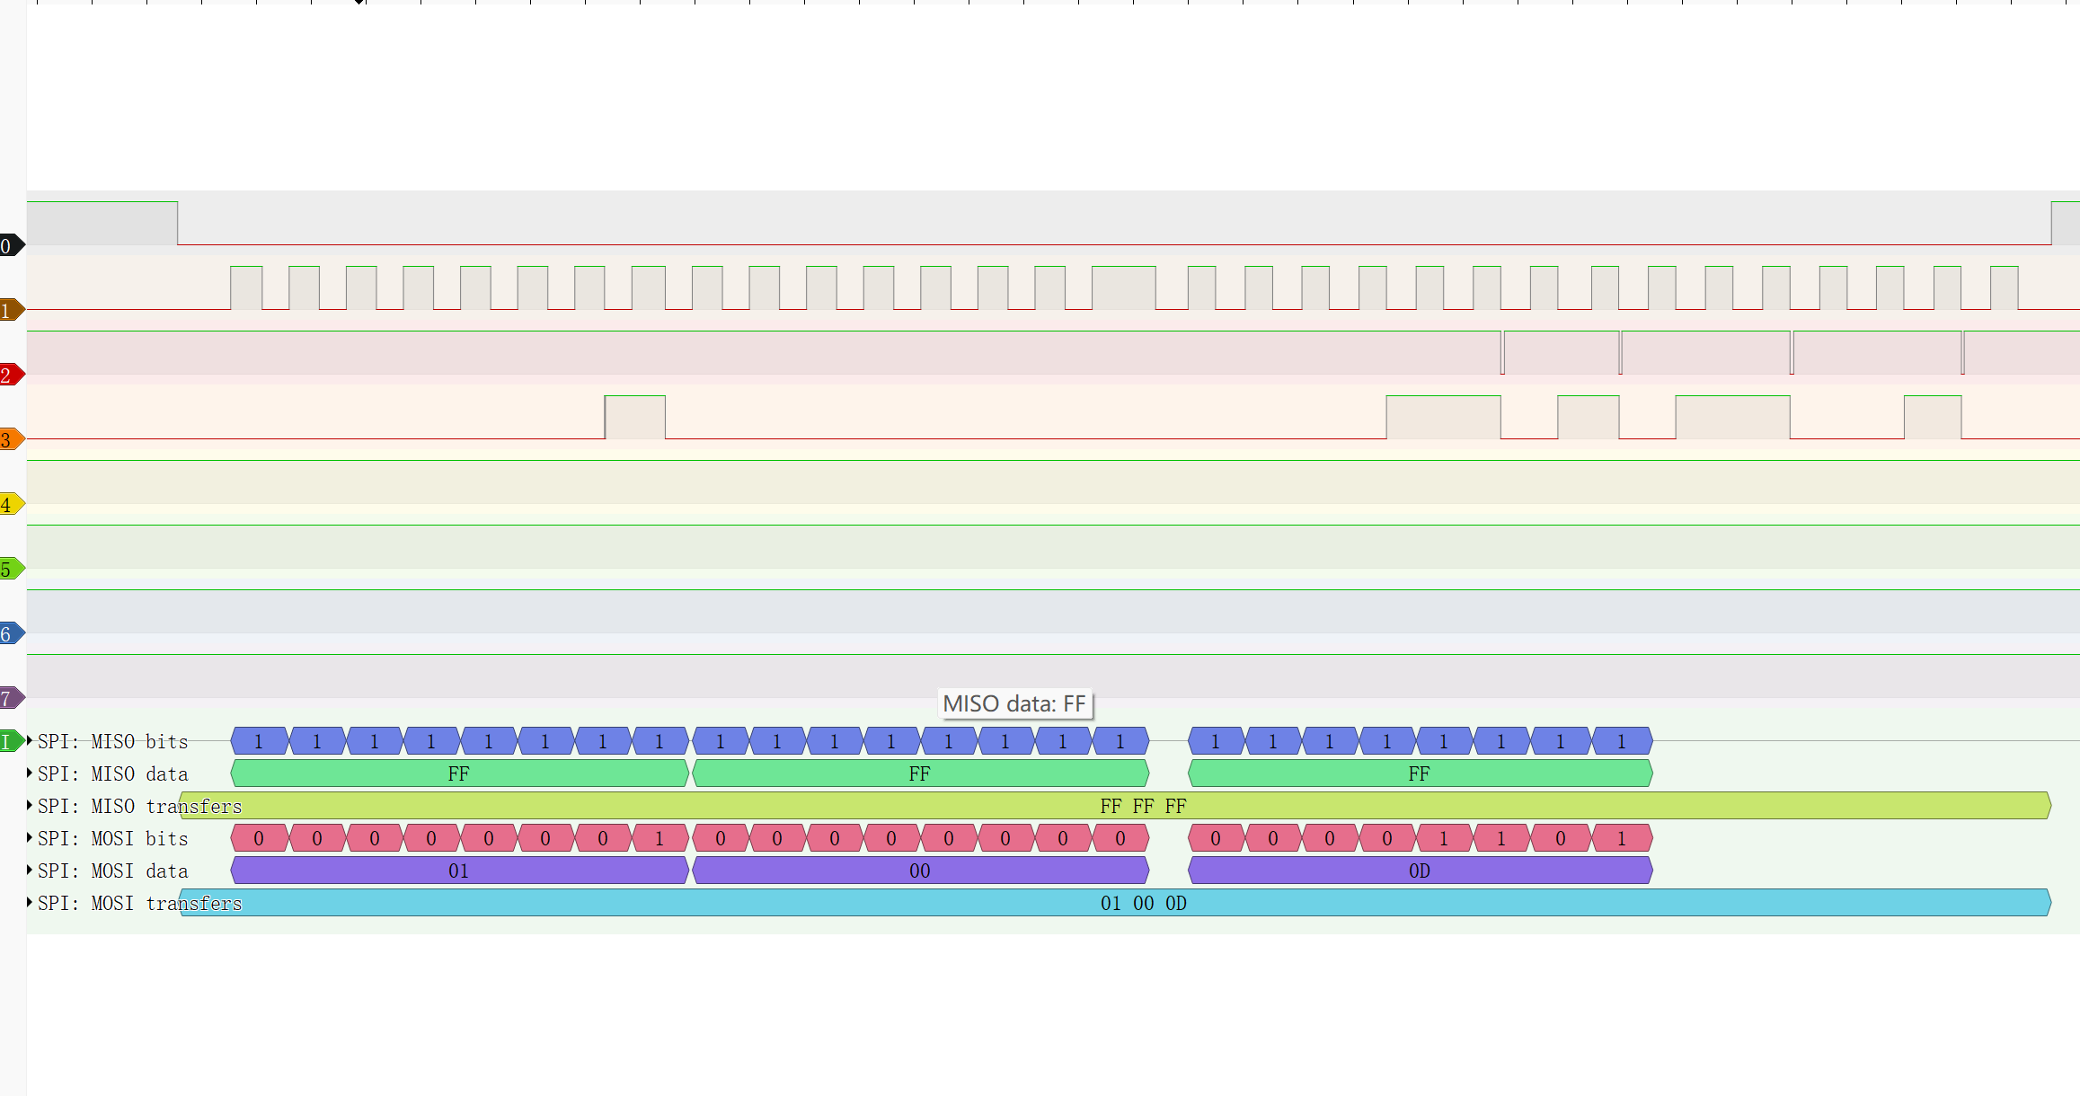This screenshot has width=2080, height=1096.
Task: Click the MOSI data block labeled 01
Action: tap(458, 871)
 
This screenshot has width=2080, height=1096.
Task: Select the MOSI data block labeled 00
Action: tap(919, 871)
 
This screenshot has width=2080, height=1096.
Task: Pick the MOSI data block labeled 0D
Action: tap(1419, 871)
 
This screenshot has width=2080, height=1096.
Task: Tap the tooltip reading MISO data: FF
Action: tap(1014, 703)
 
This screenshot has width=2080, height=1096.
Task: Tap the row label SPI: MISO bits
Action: tap(112, 742)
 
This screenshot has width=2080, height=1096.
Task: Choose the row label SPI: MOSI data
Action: tap(112, 871)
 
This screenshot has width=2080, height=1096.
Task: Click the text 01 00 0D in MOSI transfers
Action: tap(1143, 903)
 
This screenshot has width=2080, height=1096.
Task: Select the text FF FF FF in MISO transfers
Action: tap(1143, 806)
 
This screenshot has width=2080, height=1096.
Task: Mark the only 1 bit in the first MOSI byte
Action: tap(659, 838)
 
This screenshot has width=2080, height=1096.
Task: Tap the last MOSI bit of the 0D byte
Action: tap(1621, 838)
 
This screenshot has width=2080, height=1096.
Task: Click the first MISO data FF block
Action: tap(458, 773)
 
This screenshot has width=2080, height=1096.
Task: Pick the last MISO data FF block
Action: tap(1419, 773)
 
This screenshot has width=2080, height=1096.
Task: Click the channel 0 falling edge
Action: tap(178, 224)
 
